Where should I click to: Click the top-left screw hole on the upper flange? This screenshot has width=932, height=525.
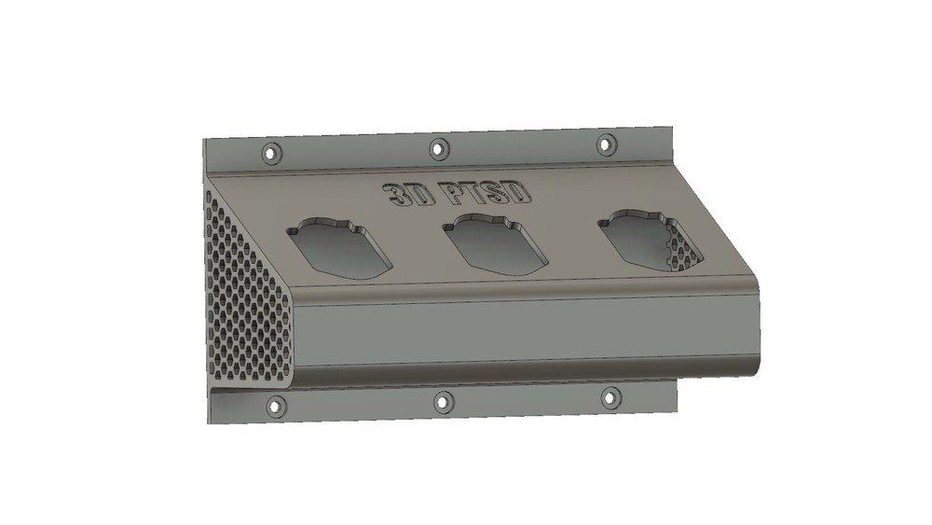pyautogui.click(x=271, y=151)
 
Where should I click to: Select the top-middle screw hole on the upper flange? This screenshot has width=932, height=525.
pyautogui.click(x=437, y=148)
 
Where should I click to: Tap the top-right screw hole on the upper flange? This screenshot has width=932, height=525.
pyautogui.click(x=606, y=145)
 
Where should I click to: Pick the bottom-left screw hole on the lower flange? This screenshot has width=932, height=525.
pyautogui.click(x=275, y=406)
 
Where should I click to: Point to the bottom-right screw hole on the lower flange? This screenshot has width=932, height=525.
pyautogui.click(x=610, y=397)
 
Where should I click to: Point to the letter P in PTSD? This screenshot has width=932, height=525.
pyautogui.click(x=454, y=193)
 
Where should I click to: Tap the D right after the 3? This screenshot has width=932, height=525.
pyautogui.click(x=417, y=194)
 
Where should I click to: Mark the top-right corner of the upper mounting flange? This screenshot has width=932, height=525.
pyautogui.click(x=672, y=123)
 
